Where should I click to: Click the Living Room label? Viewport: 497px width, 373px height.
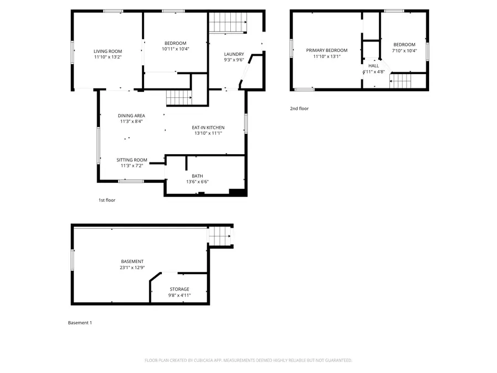click(x=107, y=51)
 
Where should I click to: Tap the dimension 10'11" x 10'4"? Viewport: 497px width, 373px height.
click(x=175, y=49)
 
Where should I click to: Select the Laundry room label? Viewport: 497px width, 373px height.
click(x=234, y=54)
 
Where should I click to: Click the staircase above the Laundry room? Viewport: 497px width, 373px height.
click(x=227, y=24)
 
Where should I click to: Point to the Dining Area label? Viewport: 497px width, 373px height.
click(x=131, y=115)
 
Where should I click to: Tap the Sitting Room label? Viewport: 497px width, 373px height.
click(x=131, y=160)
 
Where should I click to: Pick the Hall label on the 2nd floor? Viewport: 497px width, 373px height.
click(x=374, y=66)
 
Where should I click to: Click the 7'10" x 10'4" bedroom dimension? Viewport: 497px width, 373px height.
click(x=404, y=51)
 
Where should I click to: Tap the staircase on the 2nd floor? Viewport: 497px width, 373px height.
click(x=400, y=81)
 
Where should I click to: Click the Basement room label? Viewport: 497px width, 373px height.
click(x=133, y=261)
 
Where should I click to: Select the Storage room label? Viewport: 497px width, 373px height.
click(x=179, y=289)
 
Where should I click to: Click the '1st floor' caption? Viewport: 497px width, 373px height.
click(x=107, y=200)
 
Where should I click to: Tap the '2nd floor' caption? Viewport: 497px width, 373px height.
click(x=299, y=108)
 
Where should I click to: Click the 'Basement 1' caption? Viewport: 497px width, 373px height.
click(x=80, y=323)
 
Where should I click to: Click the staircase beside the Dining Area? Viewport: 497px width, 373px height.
click(x=178, y=97)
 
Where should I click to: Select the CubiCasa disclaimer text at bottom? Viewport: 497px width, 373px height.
click(x=248, y=360)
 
